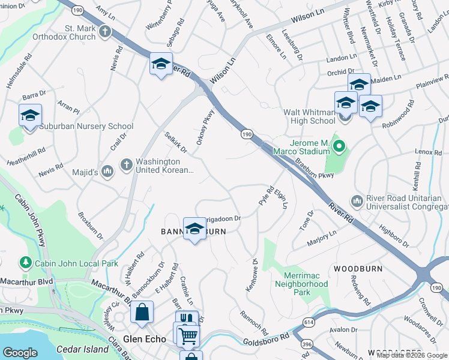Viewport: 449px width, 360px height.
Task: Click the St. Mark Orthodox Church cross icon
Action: click(106, 31)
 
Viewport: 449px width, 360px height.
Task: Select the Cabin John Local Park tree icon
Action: click(25, 262)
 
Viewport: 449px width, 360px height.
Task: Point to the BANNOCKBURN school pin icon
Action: click(194, 228)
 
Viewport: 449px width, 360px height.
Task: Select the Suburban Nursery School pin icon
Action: click(29, 116)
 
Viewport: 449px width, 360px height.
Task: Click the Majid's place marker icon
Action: click(107, 172)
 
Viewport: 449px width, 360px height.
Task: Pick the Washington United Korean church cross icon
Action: click(126, 164)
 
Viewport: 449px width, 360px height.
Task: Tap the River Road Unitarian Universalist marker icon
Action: click(357, 200)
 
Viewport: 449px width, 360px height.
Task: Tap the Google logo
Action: click(20, 353)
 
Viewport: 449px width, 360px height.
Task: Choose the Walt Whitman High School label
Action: click(309, 116)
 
